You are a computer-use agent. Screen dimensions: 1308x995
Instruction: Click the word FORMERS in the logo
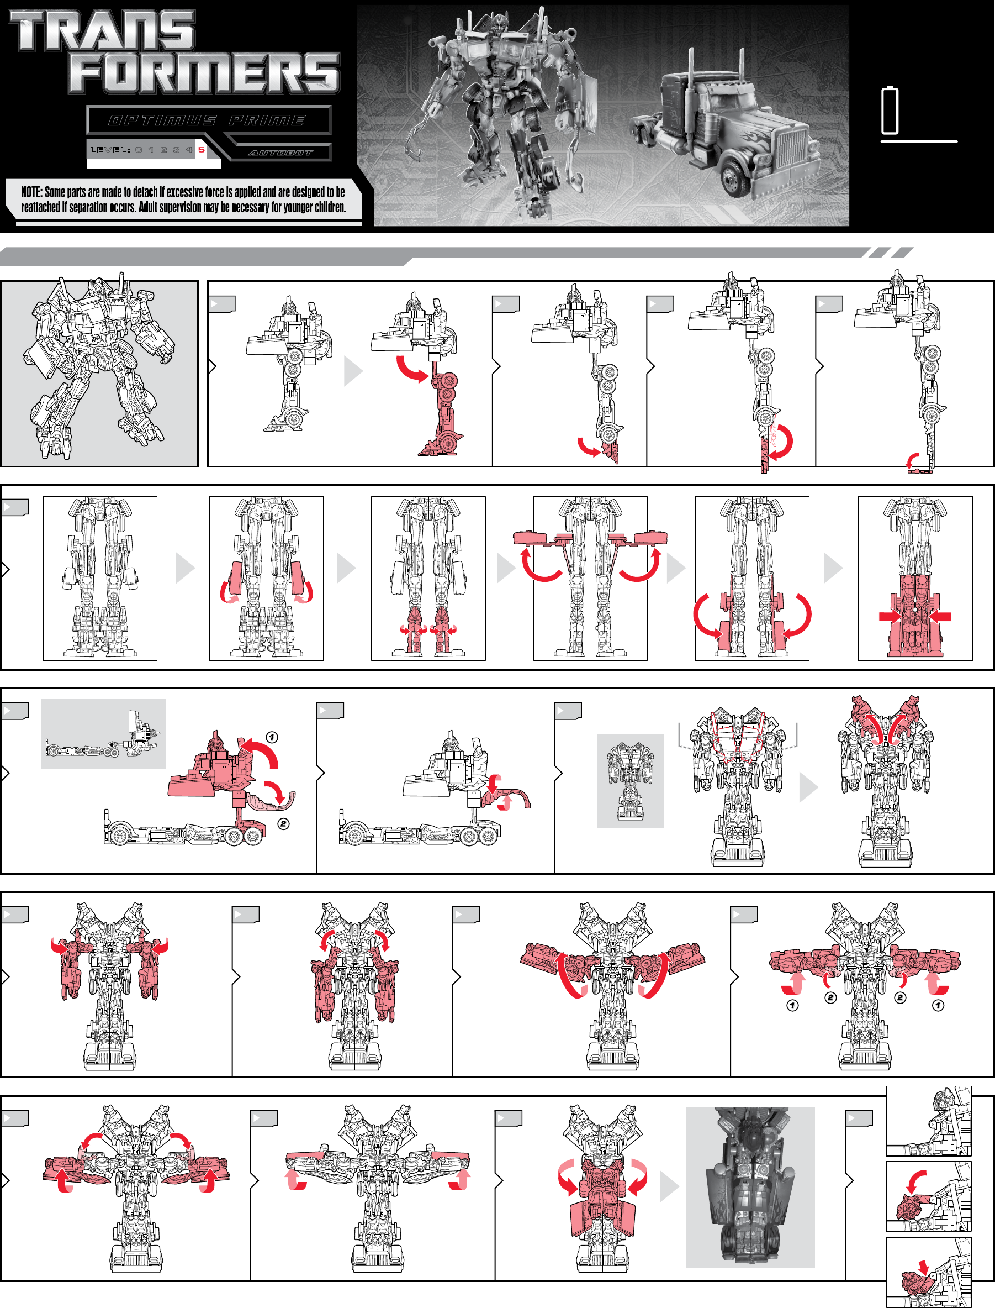204,73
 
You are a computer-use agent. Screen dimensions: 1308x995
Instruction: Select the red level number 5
202,150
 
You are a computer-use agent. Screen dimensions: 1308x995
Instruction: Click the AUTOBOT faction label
280,153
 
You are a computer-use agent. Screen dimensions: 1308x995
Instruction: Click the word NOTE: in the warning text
31,192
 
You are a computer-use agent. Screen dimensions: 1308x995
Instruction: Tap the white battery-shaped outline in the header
890,111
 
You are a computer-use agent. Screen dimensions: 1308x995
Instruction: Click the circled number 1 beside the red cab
271,737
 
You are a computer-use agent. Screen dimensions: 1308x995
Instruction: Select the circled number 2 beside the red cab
284,824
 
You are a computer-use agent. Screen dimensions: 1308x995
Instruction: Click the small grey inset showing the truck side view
103,733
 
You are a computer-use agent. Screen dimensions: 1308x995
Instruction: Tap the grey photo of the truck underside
750,1187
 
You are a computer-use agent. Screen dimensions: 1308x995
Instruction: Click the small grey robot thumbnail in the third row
629,780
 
